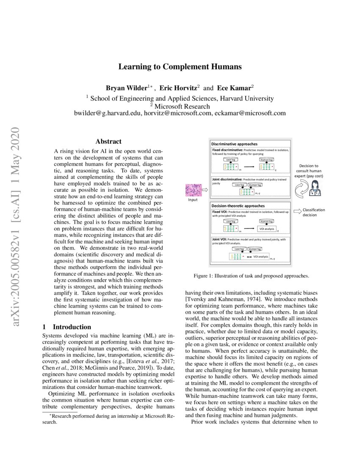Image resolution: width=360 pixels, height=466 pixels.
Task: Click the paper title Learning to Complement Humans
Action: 180,67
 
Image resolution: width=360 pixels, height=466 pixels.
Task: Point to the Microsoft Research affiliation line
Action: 180,106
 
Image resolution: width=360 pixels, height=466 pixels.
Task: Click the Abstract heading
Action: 108,141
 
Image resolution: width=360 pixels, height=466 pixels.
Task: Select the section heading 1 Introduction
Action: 67,327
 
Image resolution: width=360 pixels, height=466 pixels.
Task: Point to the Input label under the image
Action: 193,200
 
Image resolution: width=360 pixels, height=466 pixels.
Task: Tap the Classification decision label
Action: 314,212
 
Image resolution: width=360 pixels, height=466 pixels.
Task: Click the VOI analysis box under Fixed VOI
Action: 266,229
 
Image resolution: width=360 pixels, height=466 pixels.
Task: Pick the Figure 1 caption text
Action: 251,276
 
